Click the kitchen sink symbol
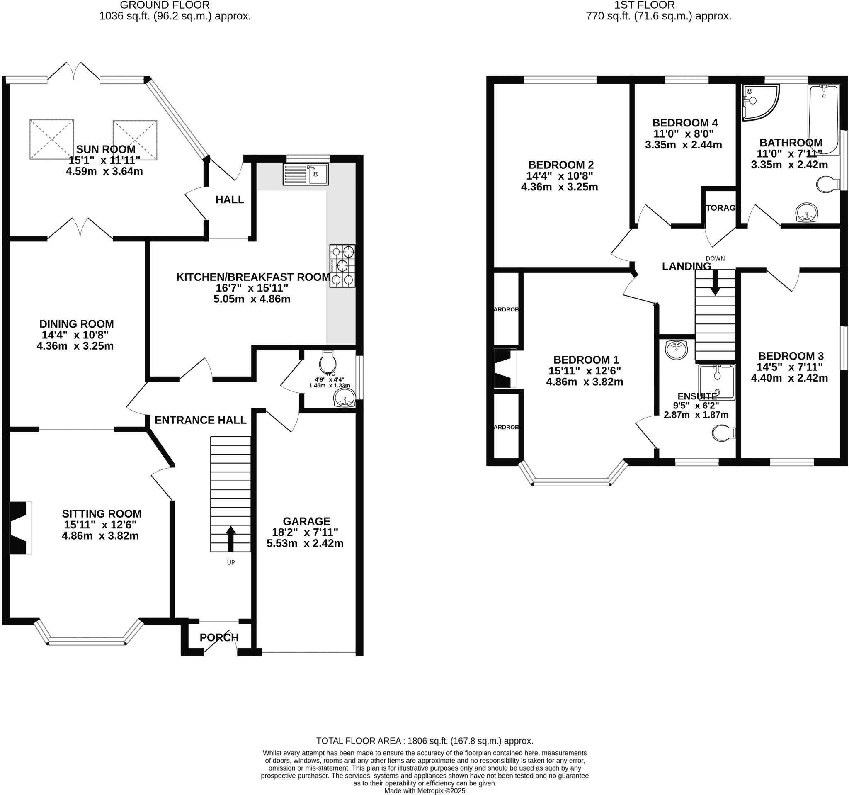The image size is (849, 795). coord(306,174)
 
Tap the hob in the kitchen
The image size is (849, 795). coord(342,265)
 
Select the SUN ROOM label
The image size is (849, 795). coord(105,149)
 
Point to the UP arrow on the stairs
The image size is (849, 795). coord(230,539)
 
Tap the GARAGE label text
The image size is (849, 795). coord(306,521)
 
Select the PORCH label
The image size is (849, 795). coord(219,637)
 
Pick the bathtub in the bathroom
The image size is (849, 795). coord(824,119)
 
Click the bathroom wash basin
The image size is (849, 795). coord(807,212)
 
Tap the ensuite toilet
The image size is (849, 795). coord(723,433)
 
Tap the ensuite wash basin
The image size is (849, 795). coord(676,350)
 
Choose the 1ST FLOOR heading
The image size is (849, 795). coord(644,5)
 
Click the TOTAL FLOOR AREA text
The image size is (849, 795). coord(424,741)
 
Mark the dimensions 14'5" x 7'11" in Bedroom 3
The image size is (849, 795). coord(790,367)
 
